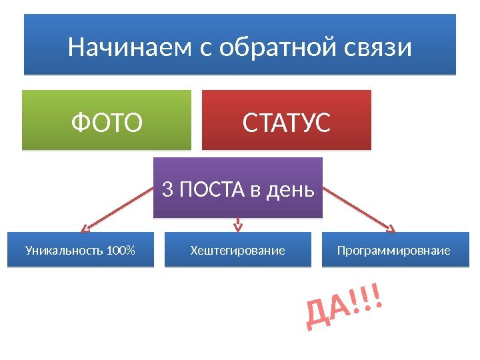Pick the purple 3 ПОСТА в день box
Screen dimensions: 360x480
pyautogui.click(x=238, y=188)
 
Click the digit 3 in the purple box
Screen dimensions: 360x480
pyautogui.click(x=167, y=191)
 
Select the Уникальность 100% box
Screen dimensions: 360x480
pyautogui.click(x=80, y=250)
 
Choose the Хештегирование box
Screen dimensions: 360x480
pyautogui.click(x=237, y=250)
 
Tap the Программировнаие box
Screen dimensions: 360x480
pyautogui.click(x=395, y=250)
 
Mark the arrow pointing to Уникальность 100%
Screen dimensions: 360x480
pyautogui.click(x=117, y=210)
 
